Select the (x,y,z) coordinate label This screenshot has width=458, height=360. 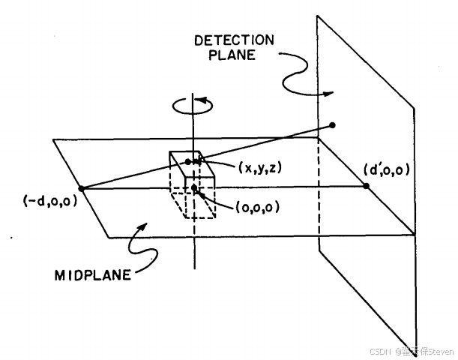pos(260,168)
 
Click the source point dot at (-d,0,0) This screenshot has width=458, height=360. pos(81,187)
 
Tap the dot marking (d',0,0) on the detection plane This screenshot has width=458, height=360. pos(366,185)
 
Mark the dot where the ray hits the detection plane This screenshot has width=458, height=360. pos(332,124)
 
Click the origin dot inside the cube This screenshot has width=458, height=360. pos(194,187)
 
